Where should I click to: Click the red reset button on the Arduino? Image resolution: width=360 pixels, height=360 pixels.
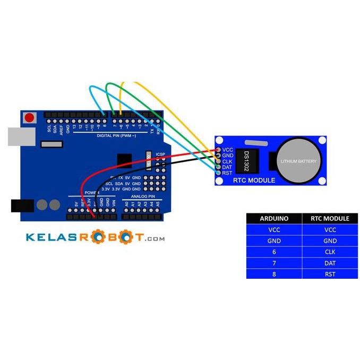(30, 117)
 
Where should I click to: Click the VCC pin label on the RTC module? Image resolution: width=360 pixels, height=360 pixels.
(228, 150)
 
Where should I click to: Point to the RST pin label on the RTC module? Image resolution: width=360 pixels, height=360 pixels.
(227, 173)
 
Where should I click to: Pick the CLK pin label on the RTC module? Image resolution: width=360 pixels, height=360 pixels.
(227, 161)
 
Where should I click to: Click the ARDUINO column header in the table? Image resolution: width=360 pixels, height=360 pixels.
(274, 218)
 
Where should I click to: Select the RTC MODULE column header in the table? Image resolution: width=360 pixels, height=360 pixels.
(329, 218)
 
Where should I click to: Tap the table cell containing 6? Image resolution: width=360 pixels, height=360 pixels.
(274, 252)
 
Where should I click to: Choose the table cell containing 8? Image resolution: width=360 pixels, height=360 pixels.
(274, 274)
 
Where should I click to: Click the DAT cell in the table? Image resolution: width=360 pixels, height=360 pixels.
(329, 263)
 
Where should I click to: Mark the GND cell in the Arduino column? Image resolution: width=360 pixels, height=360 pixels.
(274, 241)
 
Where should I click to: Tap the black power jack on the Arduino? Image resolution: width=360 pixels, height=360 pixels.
(22, 205)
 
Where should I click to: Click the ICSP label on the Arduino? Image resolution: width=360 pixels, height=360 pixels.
(161, 155)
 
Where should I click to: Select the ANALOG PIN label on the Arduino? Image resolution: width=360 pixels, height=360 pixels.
(139, 196)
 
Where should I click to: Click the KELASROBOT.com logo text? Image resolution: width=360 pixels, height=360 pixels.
(95, 237)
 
